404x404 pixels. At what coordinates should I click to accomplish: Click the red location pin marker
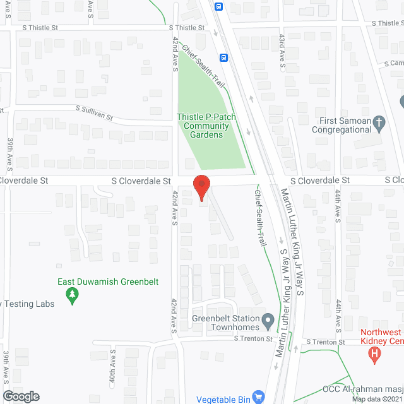[201, 187]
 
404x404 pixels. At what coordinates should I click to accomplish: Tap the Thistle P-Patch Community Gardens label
[203, 126]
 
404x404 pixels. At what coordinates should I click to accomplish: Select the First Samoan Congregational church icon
[379, 122]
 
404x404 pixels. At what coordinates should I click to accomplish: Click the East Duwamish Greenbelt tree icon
[73, 294]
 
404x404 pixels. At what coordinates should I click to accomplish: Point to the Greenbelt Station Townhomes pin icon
[268, 322]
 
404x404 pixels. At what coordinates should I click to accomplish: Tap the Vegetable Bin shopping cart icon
[258, 398]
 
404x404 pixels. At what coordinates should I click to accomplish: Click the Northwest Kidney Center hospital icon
[376, 355]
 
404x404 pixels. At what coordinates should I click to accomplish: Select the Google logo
[20, 396]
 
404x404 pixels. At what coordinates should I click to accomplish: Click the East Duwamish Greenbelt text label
[108, 282]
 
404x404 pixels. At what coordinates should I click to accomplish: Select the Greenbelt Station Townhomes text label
[227, 323]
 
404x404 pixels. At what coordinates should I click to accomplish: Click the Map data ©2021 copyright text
[377, 399]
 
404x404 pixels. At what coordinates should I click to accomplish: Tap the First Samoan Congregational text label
[345, 125]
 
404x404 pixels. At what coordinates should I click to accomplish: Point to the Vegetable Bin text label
[223, 398]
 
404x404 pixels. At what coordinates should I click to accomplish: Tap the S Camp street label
[395, 63]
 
